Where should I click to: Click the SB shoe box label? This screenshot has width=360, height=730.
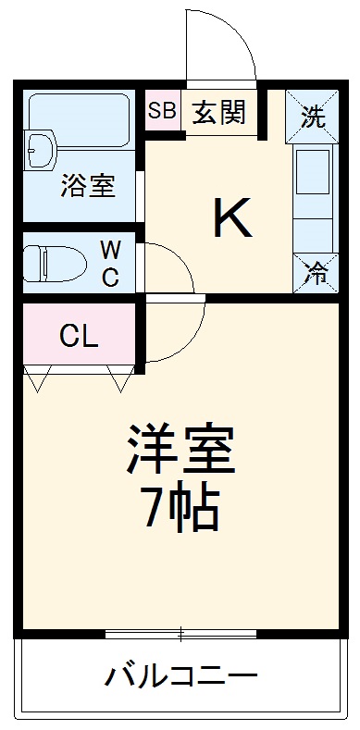coord(162,111)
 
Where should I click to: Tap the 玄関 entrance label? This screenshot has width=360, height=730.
coord(219,112)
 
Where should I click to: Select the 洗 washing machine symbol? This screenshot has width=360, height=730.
coord(314,118)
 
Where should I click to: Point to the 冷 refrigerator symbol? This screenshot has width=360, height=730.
coord(316,273)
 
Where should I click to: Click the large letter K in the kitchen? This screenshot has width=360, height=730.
coord(232,219)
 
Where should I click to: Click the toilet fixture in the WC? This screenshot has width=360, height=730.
coord(43,262)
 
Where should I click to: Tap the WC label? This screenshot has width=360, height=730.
coord(110,263)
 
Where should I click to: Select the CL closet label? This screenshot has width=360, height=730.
coord(79,336)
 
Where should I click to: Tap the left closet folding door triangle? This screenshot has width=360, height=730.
coord(38,377)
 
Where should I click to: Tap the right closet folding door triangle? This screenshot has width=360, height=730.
coord(119,377)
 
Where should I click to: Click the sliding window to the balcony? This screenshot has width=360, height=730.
coord(180,635)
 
